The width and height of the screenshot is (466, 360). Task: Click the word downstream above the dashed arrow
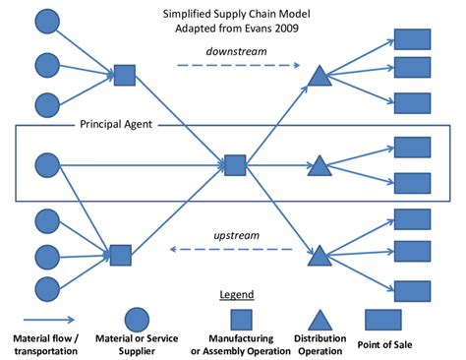[x=239, y=51]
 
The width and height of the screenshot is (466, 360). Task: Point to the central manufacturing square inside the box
[x=234, y=164]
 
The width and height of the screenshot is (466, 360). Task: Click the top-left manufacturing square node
[x=124, y=75]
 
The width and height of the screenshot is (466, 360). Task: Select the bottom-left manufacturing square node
[x=120, y=256]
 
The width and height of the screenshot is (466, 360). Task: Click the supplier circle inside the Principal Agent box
[x=47, y=164]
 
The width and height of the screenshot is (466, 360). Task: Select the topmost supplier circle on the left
[x=47, y=20]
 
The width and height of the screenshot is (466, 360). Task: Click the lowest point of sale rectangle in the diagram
[x=412, y=290]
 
